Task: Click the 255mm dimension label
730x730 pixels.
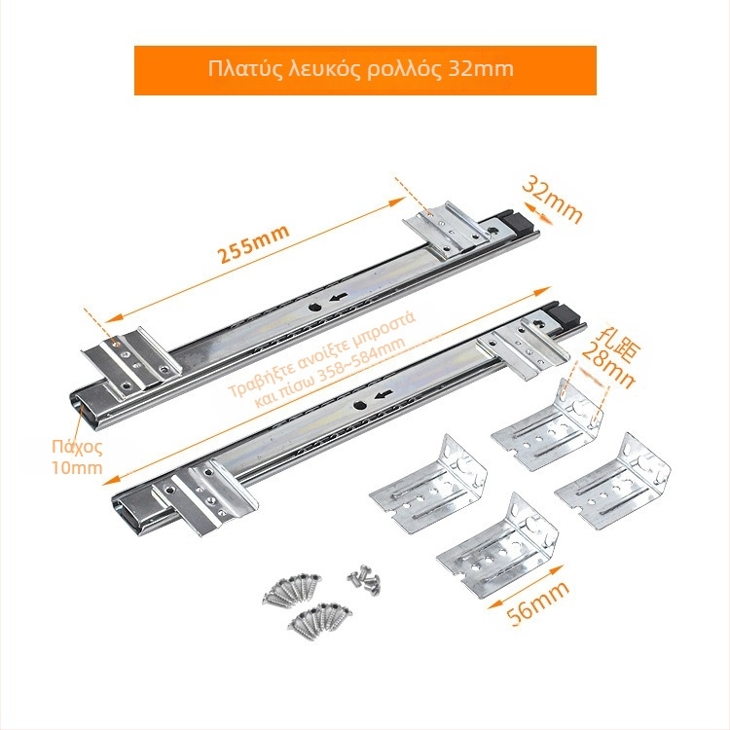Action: pos(254,244)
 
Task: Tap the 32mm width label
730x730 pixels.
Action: pos(552,201)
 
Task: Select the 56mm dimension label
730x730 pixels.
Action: pos(538,603)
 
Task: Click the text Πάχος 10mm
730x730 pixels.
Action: pos(77,457)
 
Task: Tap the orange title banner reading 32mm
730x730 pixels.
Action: pos(365,70)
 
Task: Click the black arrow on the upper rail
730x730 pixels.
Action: pos(340,297)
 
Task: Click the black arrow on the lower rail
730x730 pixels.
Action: pos(383,395)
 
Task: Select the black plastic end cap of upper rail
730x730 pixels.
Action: pos(521,223)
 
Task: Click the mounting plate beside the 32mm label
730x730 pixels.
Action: pos(447,228)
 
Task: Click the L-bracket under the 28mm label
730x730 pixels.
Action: pos(548,424)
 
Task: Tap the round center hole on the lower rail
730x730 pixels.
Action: pos(359,405)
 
